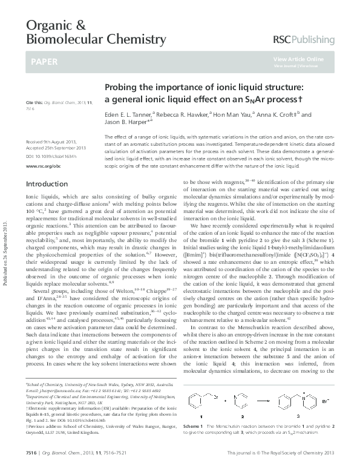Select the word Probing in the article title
tap(120, 87)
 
